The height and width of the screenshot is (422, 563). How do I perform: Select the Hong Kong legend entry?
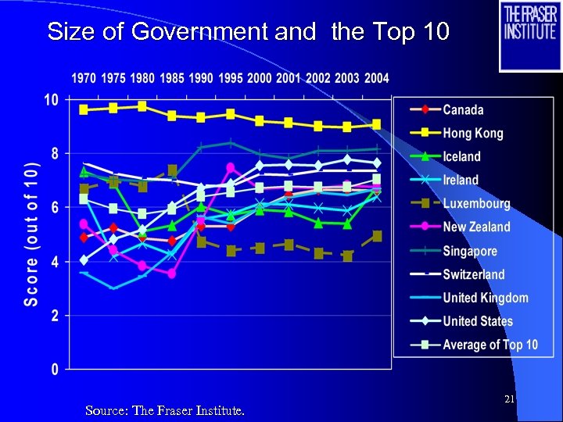(x=473, y=134)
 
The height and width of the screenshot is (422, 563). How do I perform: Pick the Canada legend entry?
(x=463, y=110)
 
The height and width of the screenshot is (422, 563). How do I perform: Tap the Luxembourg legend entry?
(x=476, y=204)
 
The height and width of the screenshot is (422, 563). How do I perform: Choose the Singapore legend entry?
(x=469, y=251)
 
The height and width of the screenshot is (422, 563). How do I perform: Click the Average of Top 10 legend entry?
(x=489, y=345)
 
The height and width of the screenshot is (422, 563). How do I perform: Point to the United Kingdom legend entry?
(x=485, y=298)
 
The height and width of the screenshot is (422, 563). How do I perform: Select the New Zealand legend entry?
(x=476, y=227)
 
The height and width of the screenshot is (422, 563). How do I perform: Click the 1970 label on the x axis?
(x=84, y=78)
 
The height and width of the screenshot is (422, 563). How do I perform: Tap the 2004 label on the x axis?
(x=376, y=78)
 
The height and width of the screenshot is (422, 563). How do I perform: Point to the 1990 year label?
(x=201, y=78)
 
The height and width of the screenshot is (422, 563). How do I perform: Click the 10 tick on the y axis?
(x=51, y=100)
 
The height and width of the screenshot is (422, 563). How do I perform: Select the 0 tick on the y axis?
(x=55, y=369)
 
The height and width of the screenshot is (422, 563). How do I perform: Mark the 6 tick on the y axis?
(x=55, y=208)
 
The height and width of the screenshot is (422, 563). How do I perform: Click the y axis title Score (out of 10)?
(x=31, y=235)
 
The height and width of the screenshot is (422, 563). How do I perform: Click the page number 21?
(x=509, y=399)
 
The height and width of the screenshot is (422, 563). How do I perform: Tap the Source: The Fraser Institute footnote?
(x=164, y=410)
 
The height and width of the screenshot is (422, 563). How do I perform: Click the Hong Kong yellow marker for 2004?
(x=376, y=124)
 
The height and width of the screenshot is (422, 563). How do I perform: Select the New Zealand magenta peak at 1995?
(x=230, y=167)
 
